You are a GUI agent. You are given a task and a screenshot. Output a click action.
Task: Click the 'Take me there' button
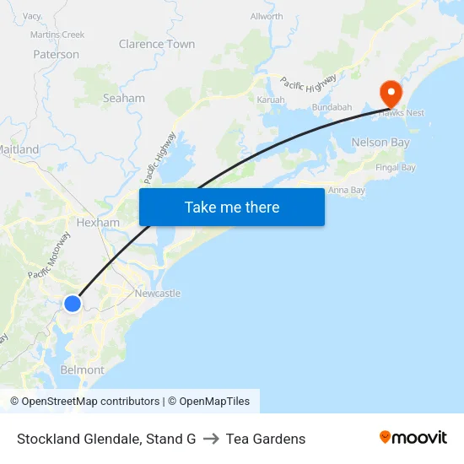[232, 207]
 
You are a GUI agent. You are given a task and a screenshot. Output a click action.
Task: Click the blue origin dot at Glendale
[73, 303]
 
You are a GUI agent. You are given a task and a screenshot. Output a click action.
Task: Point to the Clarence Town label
[157, 44]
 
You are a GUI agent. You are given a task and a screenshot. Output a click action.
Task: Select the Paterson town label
[57, 54]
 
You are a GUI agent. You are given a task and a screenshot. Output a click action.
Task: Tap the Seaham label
[124, 98]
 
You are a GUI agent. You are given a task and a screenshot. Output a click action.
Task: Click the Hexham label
[98, 223]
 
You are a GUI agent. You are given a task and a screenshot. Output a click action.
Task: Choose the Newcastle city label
[158, 293]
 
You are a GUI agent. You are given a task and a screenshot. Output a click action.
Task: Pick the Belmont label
[83, 370]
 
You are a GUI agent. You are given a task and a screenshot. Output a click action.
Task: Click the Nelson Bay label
[380, 143]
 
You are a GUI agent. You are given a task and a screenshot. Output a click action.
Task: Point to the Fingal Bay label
[396, 167]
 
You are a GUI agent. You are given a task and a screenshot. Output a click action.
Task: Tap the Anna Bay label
[347, 190]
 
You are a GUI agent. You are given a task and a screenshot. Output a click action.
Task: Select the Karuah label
[271, 100]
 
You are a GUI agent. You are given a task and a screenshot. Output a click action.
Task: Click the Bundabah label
[332, 107]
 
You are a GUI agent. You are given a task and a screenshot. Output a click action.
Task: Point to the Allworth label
[267, 16]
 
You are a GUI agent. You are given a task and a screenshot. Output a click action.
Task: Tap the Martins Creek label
[57, 35]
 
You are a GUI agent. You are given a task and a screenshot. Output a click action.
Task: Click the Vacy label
[32, 16]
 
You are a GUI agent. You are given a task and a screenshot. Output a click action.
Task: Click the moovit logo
[413, 438]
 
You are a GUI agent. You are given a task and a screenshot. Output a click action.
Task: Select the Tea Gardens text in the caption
[266, 439]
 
